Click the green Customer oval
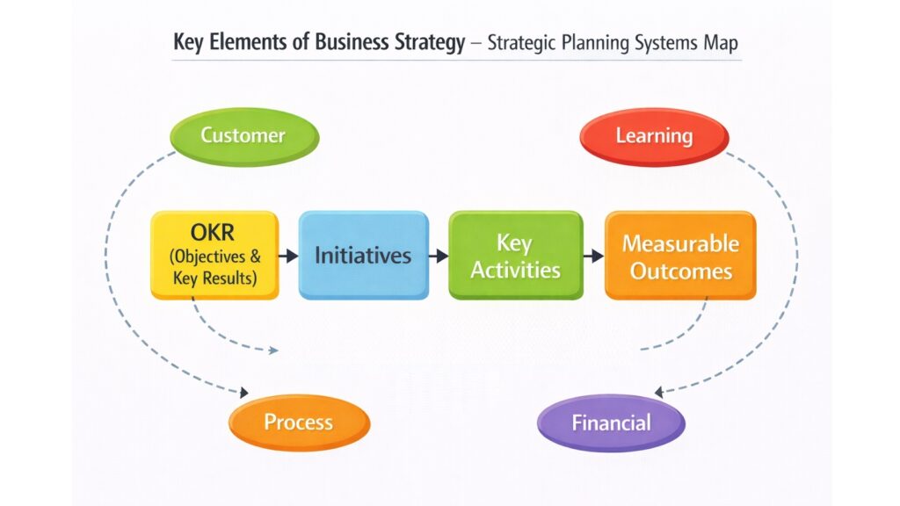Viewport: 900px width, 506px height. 243,137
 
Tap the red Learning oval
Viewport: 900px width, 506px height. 654,137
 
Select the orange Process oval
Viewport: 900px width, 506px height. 298,423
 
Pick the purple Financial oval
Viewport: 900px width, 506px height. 611,423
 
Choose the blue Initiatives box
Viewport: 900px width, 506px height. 363,256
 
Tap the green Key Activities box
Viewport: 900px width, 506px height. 515,256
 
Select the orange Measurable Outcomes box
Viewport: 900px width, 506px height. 680,256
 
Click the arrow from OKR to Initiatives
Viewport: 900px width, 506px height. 288,256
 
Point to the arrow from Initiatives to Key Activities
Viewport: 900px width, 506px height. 439,256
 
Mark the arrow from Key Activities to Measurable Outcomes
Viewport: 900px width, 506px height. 593,256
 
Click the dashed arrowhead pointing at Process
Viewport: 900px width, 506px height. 243,392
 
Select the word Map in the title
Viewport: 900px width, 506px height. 720,42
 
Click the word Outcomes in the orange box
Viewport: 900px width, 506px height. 680,271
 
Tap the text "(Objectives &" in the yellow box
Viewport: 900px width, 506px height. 214,258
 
